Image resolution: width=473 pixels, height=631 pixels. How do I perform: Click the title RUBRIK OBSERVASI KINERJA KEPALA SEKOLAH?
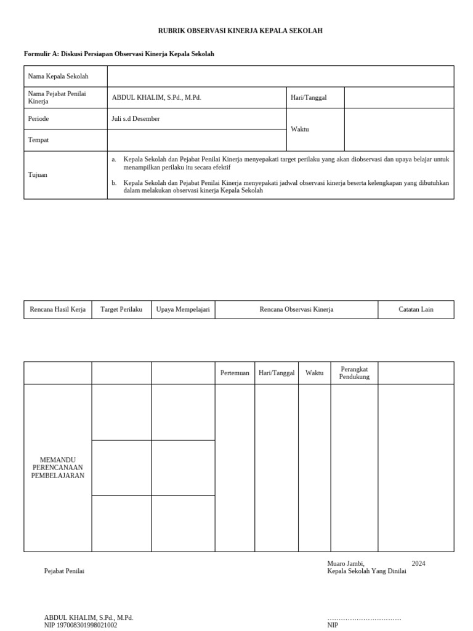click(240, 31)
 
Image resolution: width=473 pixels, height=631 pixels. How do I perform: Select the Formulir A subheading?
click(119, 54)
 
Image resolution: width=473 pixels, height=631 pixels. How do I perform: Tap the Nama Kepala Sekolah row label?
click(58, 76)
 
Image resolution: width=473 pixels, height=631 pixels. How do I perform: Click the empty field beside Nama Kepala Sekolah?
click(280, 76)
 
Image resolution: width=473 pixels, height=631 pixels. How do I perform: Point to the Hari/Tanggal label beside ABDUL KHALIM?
click(309, 98)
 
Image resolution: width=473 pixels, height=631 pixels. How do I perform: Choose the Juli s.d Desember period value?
click(135, 119)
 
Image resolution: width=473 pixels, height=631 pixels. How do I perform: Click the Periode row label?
click(38, 119)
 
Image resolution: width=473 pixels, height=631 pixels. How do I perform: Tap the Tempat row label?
click(38, 140)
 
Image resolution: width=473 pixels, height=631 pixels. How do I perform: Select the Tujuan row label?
click(38, 175)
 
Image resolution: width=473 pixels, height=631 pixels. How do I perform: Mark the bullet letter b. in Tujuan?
click(114, 183)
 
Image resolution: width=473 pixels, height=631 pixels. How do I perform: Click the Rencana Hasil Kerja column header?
click(58, 309)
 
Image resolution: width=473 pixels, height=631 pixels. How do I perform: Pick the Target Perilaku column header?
click(121, 309)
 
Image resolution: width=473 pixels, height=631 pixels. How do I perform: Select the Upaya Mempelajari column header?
click(183, 309)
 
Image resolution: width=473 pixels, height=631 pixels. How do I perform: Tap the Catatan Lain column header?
click(416, 309)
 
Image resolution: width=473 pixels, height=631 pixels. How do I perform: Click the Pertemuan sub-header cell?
click(235, 373)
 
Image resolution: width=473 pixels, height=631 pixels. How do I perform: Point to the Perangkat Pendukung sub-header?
click(354, 373)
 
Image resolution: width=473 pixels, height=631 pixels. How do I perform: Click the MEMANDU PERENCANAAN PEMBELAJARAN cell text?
click(58, 468)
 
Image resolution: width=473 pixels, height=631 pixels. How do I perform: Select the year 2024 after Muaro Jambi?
click(418, 563)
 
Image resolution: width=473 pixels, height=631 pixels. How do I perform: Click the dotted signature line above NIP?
click(364, 618)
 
